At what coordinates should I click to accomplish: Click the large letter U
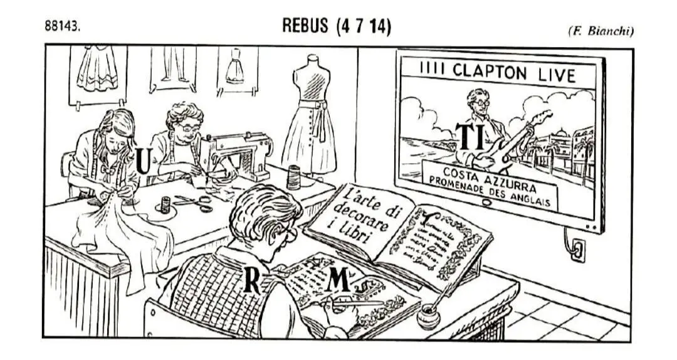pyautogui.click(x=143, y=161)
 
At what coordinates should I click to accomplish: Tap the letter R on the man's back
pyautogui.click(x=252, y=280)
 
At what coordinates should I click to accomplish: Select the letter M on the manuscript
pyautogui.click(x=338, y=279)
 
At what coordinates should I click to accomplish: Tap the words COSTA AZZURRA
pyautogui.click(x=488, y=172)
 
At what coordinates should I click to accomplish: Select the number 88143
pyautogui.click(x=62, y=27)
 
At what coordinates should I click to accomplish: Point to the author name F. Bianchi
pyautogui.click(x=600, y=31)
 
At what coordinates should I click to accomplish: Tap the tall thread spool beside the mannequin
pyautogui.click(x=293, y=177)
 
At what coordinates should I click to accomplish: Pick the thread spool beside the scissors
pyautogui.click(x=165, y=205)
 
